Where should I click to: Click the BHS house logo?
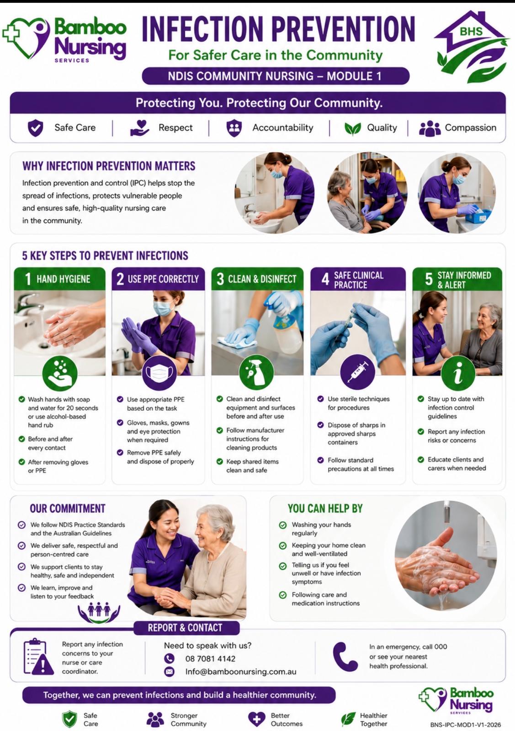click(472, 46)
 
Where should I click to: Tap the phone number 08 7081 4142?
click(210, 658)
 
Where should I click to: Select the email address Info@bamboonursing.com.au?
click(241, 672)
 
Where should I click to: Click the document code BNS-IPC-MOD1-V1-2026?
click(465, 725)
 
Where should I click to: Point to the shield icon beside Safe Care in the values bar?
click(35, 127)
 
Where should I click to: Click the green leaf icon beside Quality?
click(353, 128)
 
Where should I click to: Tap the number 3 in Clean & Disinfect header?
click(220, 279)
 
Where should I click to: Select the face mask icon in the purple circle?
click(159, 373)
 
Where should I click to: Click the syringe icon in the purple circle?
click(357, 372)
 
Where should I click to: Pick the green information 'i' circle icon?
click(458, 373)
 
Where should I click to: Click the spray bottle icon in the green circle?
click(256, 372)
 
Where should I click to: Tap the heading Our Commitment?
click(68, 509)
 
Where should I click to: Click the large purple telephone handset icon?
click(345, 657)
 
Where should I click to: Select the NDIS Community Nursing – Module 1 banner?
click(276, 76)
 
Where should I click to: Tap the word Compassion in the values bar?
click(471, 127)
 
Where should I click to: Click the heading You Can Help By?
click(325, 509)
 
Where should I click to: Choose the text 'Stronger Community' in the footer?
click(189, 719)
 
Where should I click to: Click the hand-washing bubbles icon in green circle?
click(60, 373)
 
